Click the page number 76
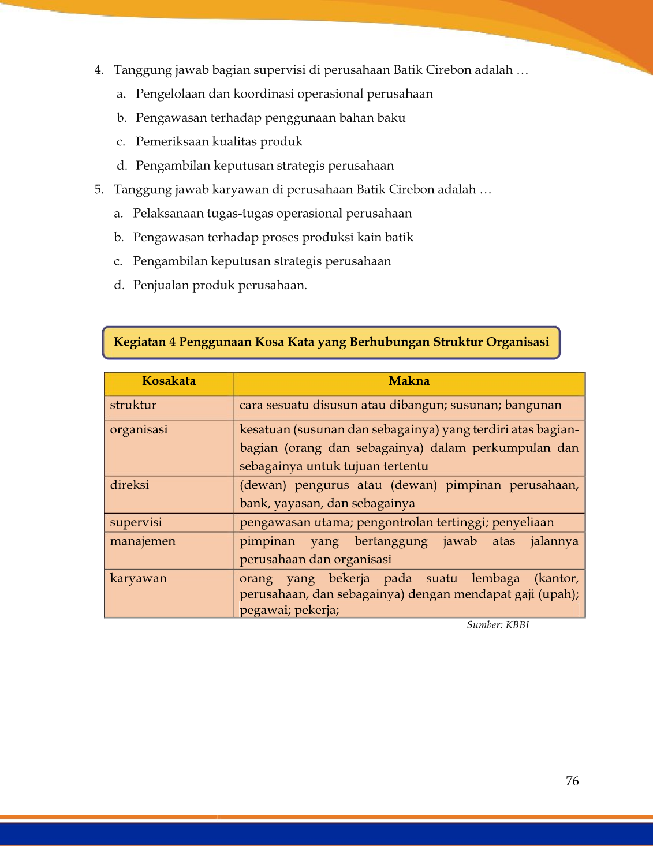point(572,781)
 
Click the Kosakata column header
point(169,381)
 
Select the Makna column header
point(409,381)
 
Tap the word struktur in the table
point(133,405)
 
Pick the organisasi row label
point(139,429)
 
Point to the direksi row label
point(129,485)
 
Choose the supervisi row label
point(136,522)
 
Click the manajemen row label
point(143,541)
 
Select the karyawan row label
point(138,578)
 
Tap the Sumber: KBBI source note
point(498,625)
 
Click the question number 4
point(99,70)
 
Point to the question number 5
point(99,190)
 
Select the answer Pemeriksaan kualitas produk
point(219,142)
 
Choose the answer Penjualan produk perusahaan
point(219,285)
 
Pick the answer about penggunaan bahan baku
point(270,118)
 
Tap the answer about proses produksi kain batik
point(273,237)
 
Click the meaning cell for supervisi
point(397,522)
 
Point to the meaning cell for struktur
point(400,405)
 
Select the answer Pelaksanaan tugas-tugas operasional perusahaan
point(272,214)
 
